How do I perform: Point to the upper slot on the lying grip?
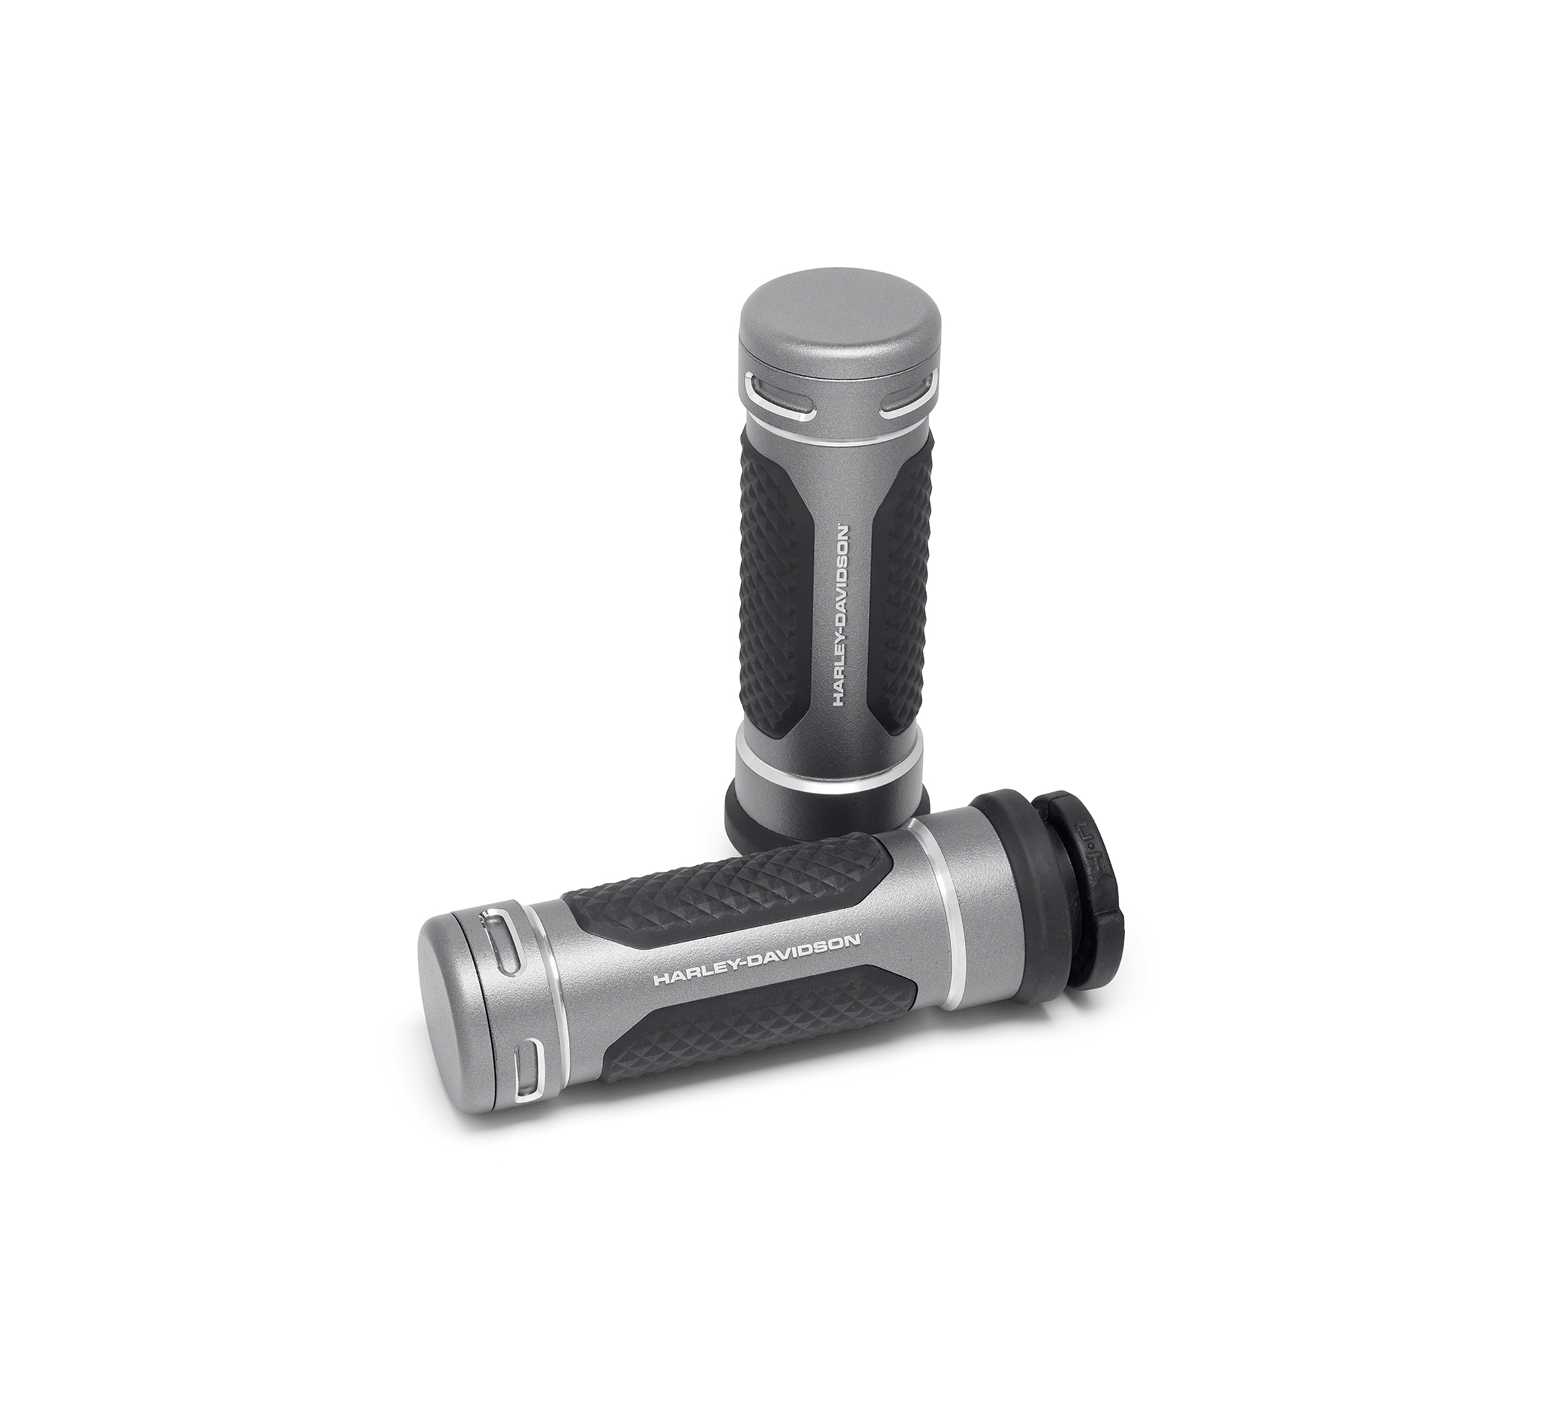[503, 944]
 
